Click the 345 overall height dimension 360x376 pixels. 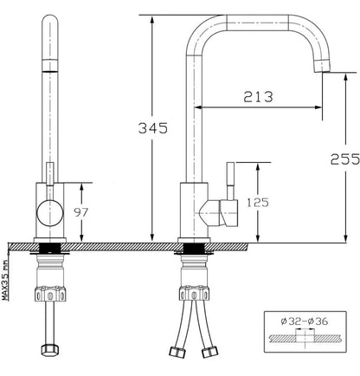click(x=153, y=128)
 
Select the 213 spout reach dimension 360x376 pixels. click(x=258, y=97)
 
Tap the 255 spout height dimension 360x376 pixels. click(x=345, y=159)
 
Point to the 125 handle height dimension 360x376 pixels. click(x=258, y=203)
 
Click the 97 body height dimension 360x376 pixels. click(x=81, y=213)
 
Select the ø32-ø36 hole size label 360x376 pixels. click(x=305, y=321)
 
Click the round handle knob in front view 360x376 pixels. click(x=50, y=213)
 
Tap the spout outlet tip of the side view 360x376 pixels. click(x=321, y=66)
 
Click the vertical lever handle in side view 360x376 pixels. click(x=230, y=180)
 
